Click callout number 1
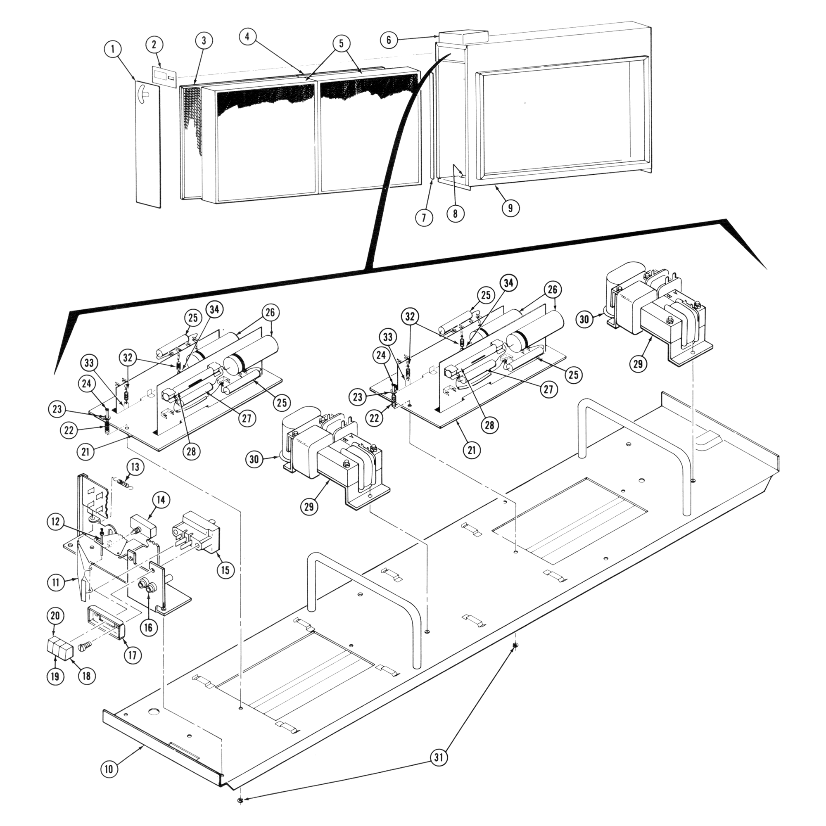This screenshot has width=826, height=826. [113, 50]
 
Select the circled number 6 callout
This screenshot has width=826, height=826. [389, 40]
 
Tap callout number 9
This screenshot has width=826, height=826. [510, 208]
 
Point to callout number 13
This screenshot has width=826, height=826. [135, 467]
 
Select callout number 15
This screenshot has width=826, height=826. [225, 570]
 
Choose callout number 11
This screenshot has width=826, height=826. [57, 582]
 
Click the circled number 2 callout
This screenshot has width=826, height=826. [155, 44]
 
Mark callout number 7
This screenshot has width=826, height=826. [424, 218]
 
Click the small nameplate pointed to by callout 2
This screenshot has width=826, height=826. [163, 76]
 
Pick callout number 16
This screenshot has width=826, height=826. [148, 627]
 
